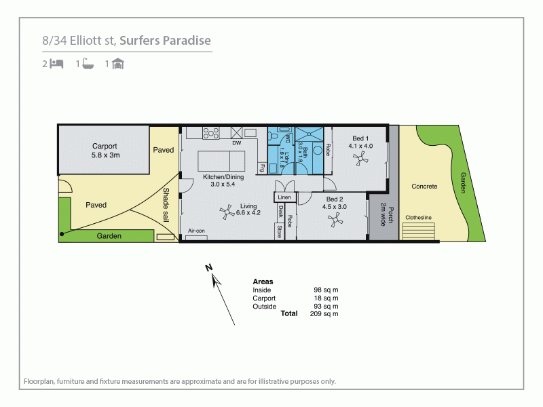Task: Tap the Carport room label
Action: (105, 146)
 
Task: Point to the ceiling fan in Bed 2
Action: (334, 219)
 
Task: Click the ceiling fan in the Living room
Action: (225, 212)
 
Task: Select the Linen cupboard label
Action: (284, 197)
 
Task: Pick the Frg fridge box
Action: (261, 166)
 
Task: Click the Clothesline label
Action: (418, 218)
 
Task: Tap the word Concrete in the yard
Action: (424, 186)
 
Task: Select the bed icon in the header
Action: (57, 64)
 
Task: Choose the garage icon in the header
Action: (117, 64)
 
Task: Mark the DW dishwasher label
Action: (236, 144)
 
